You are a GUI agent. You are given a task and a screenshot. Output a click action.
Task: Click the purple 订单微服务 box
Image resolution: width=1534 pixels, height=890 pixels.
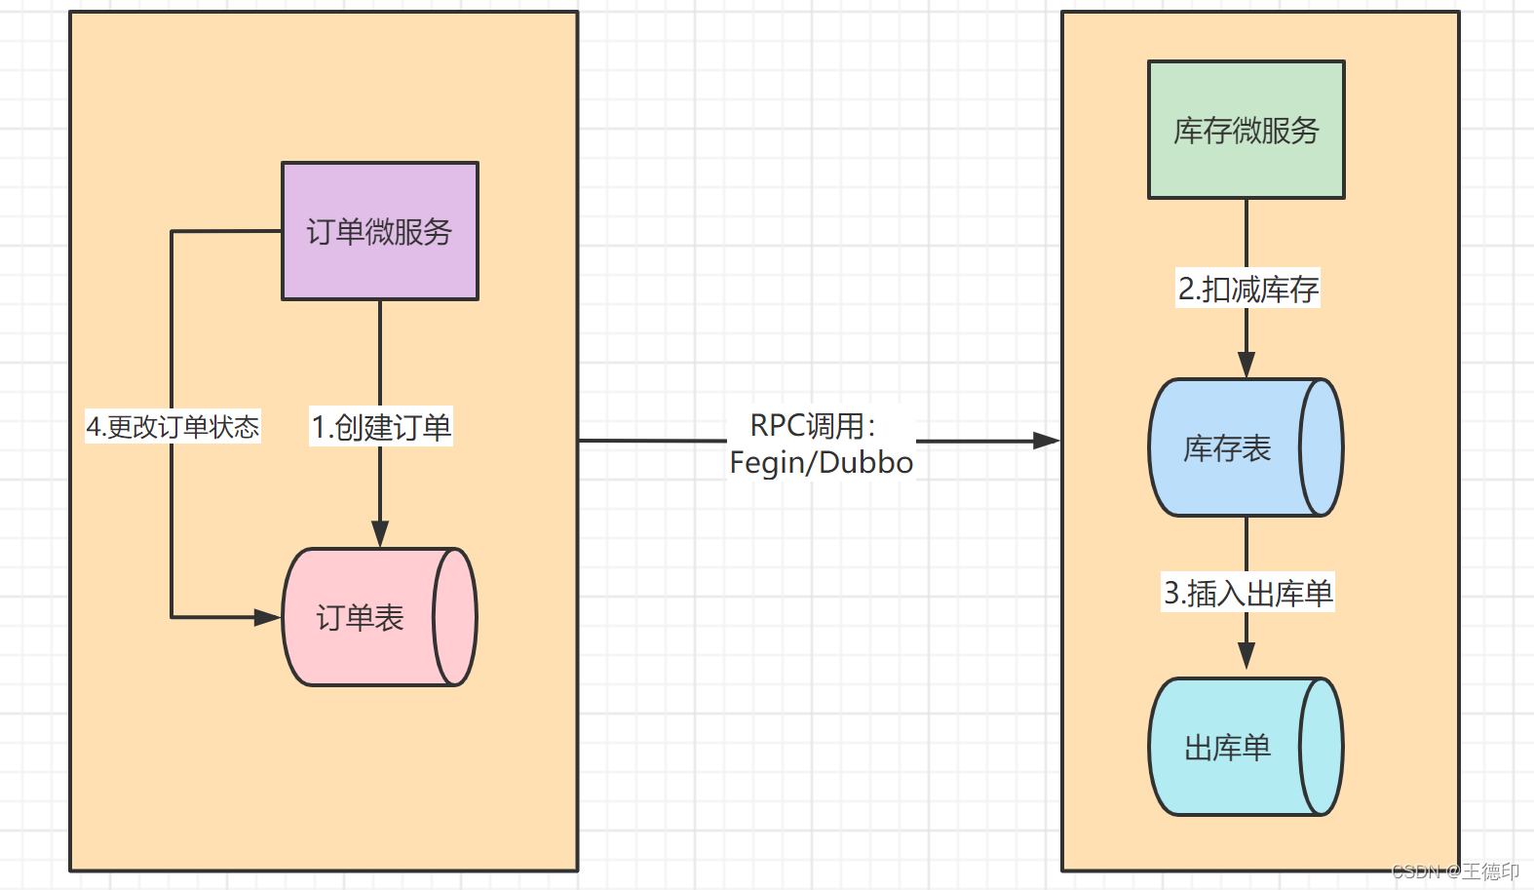pos(379,231)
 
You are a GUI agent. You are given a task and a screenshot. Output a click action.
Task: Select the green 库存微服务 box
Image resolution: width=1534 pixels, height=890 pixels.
pos(1246,130)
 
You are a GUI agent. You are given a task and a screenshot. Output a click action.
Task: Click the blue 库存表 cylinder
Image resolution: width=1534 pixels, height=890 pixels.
pos(1226,447)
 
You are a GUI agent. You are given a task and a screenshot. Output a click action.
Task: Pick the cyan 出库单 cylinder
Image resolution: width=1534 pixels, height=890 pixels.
pos(1226,748)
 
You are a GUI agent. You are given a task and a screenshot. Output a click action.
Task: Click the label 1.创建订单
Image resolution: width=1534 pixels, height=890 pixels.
pos(381,427)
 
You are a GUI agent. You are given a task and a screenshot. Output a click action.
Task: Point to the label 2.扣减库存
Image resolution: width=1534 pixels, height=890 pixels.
pos(1247,289)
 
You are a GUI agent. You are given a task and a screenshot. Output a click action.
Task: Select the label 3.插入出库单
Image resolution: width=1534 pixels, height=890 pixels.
pos(1247,593)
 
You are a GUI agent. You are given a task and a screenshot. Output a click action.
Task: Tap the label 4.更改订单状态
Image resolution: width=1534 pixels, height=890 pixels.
pos(173,427)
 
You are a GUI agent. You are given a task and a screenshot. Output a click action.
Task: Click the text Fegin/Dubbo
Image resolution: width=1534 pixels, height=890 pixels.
pos(821,462)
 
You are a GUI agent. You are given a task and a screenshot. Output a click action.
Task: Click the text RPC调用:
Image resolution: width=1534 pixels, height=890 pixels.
pos(812,425)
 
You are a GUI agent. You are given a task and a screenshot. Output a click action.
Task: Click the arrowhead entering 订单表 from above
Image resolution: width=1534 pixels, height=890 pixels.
pos(380,534)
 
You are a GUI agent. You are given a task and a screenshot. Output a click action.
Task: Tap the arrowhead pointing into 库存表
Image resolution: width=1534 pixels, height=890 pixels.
pos(1246,365)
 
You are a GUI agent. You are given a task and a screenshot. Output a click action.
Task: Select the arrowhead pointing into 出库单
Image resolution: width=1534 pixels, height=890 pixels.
pos(1246,656)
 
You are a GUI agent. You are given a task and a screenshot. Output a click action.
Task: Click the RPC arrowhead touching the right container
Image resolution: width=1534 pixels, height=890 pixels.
pos(1047,441)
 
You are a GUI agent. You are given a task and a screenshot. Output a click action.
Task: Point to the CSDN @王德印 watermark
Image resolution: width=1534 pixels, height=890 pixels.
pos(1455,871)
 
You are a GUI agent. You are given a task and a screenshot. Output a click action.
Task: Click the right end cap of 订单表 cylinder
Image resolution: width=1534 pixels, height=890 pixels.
pos(454,617)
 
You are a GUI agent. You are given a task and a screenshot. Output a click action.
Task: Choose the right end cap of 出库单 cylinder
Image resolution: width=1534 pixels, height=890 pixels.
pos(1322,748)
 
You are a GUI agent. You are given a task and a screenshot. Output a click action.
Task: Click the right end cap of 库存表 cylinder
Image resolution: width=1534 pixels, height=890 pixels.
pos(1322,447)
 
